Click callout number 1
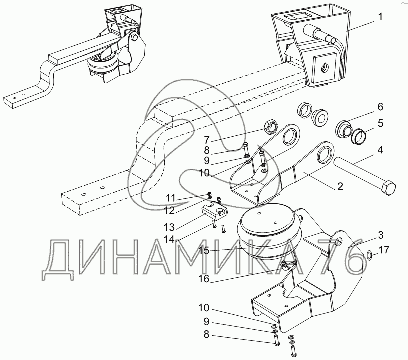[x=381, y=17]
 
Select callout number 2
[x=340, y=187]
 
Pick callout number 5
[x=380, y=123]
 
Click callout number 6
[x=380, y=107]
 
